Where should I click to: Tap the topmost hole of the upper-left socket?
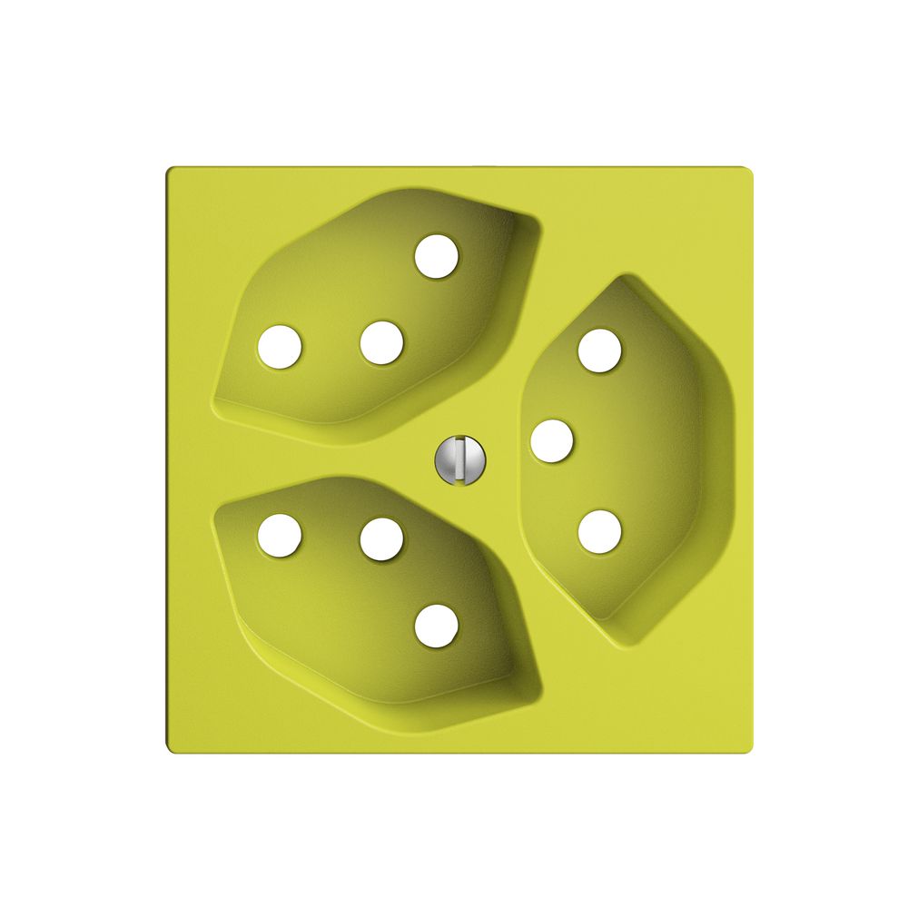(x=436, y=256)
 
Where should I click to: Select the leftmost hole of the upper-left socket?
(x=279, y=346)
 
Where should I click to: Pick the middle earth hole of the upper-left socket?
(x=381, y=342)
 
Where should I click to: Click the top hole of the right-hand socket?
(x=598, y=350)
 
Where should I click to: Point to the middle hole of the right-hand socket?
(x=552, y=440)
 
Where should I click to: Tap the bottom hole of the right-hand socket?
(x=599, y=531)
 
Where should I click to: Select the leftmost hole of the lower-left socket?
(x=279, y=535)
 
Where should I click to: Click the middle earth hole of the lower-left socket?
(x=381, y=538)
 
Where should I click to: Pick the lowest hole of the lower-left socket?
(x=436, y=625)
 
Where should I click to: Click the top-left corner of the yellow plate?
(x=168, y=168)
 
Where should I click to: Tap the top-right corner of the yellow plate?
(x=752, y=168)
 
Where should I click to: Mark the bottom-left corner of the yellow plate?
(x=168, y=751)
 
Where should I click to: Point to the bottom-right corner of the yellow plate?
(x=752, y=751)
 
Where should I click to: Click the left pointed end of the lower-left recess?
(x=215, y=513)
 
